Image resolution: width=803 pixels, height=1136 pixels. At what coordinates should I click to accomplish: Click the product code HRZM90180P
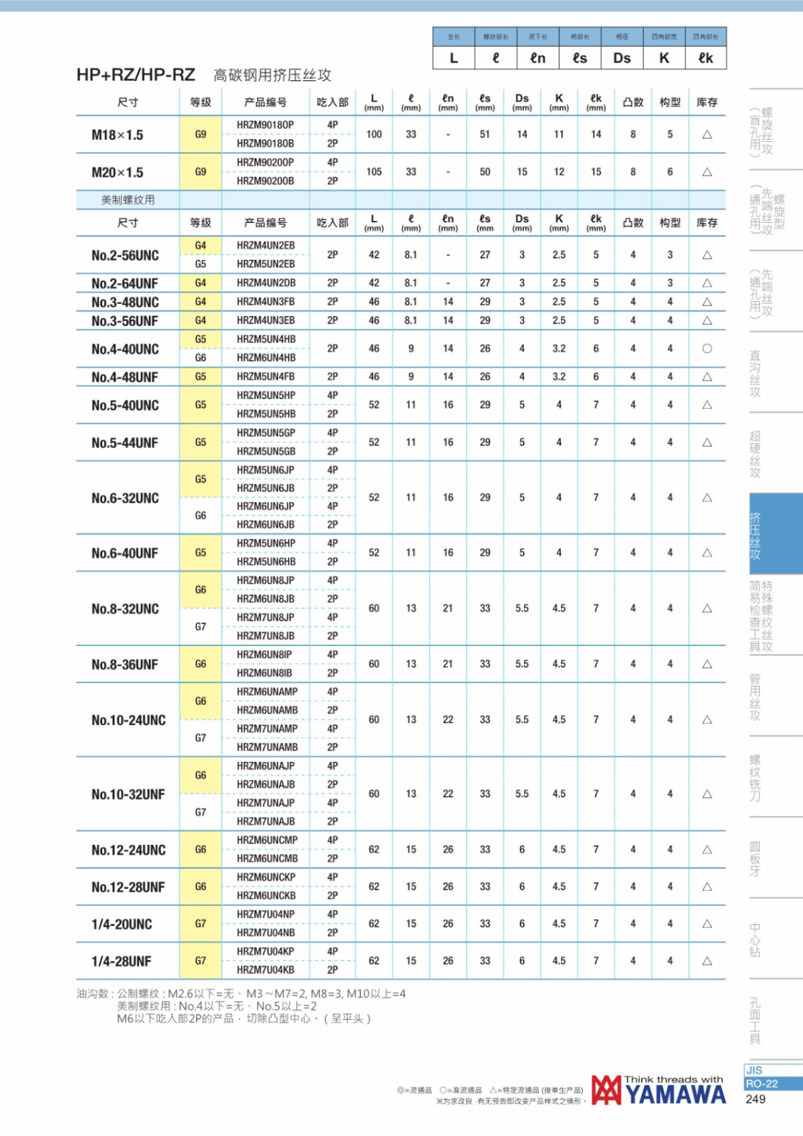pos(266,125)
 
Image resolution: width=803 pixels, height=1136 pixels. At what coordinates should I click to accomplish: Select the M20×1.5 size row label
pos(117,172)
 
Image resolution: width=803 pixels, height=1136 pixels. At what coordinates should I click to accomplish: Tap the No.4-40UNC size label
pos(125,349)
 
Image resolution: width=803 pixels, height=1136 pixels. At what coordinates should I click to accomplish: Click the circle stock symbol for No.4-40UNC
pos(706,349)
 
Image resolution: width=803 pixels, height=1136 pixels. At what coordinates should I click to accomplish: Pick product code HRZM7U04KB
pos(266,970)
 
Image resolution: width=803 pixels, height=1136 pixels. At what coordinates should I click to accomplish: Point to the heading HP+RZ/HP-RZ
pos(136,75)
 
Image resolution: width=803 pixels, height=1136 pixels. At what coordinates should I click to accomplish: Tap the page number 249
pos(755,1099)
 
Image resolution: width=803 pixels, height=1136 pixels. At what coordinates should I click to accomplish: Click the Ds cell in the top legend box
pos(622,58)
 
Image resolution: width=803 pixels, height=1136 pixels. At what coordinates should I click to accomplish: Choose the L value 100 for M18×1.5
pos(374,134)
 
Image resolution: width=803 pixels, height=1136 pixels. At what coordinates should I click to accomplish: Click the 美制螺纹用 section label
pos(128,200)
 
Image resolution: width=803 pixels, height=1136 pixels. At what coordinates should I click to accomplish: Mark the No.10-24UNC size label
pos(129,720)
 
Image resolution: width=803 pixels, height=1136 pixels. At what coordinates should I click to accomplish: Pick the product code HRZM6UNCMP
pos(267,840)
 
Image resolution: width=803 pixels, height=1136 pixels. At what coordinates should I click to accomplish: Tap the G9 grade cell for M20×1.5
pos(201,172)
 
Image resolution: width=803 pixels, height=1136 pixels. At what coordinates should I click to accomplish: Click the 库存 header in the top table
pos(706,102)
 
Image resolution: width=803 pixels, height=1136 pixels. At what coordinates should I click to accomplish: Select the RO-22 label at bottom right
pos(762,1084)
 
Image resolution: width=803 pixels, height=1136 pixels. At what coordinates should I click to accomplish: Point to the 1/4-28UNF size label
pos(121,961)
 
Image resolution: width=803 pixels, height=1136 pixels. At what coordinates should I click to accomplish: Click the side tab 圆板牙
pos(755,858)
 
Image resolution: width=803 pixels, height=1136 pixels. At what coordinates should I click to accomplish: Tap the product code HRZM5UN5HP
pos(266,395)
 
